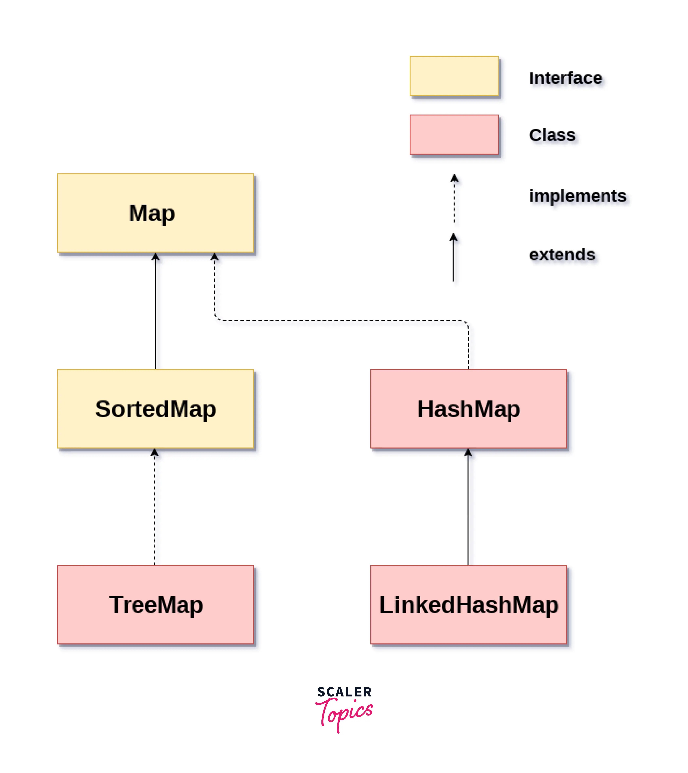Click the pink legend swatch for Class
point(454,135)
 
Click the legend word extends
point(562,255)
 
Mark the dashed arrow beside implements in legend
point(454,201)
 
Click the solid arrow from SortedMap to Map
point(155,314)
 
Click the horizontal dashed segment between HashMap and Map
point(340,321)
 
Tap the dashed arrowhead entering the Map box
point(214,257)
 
